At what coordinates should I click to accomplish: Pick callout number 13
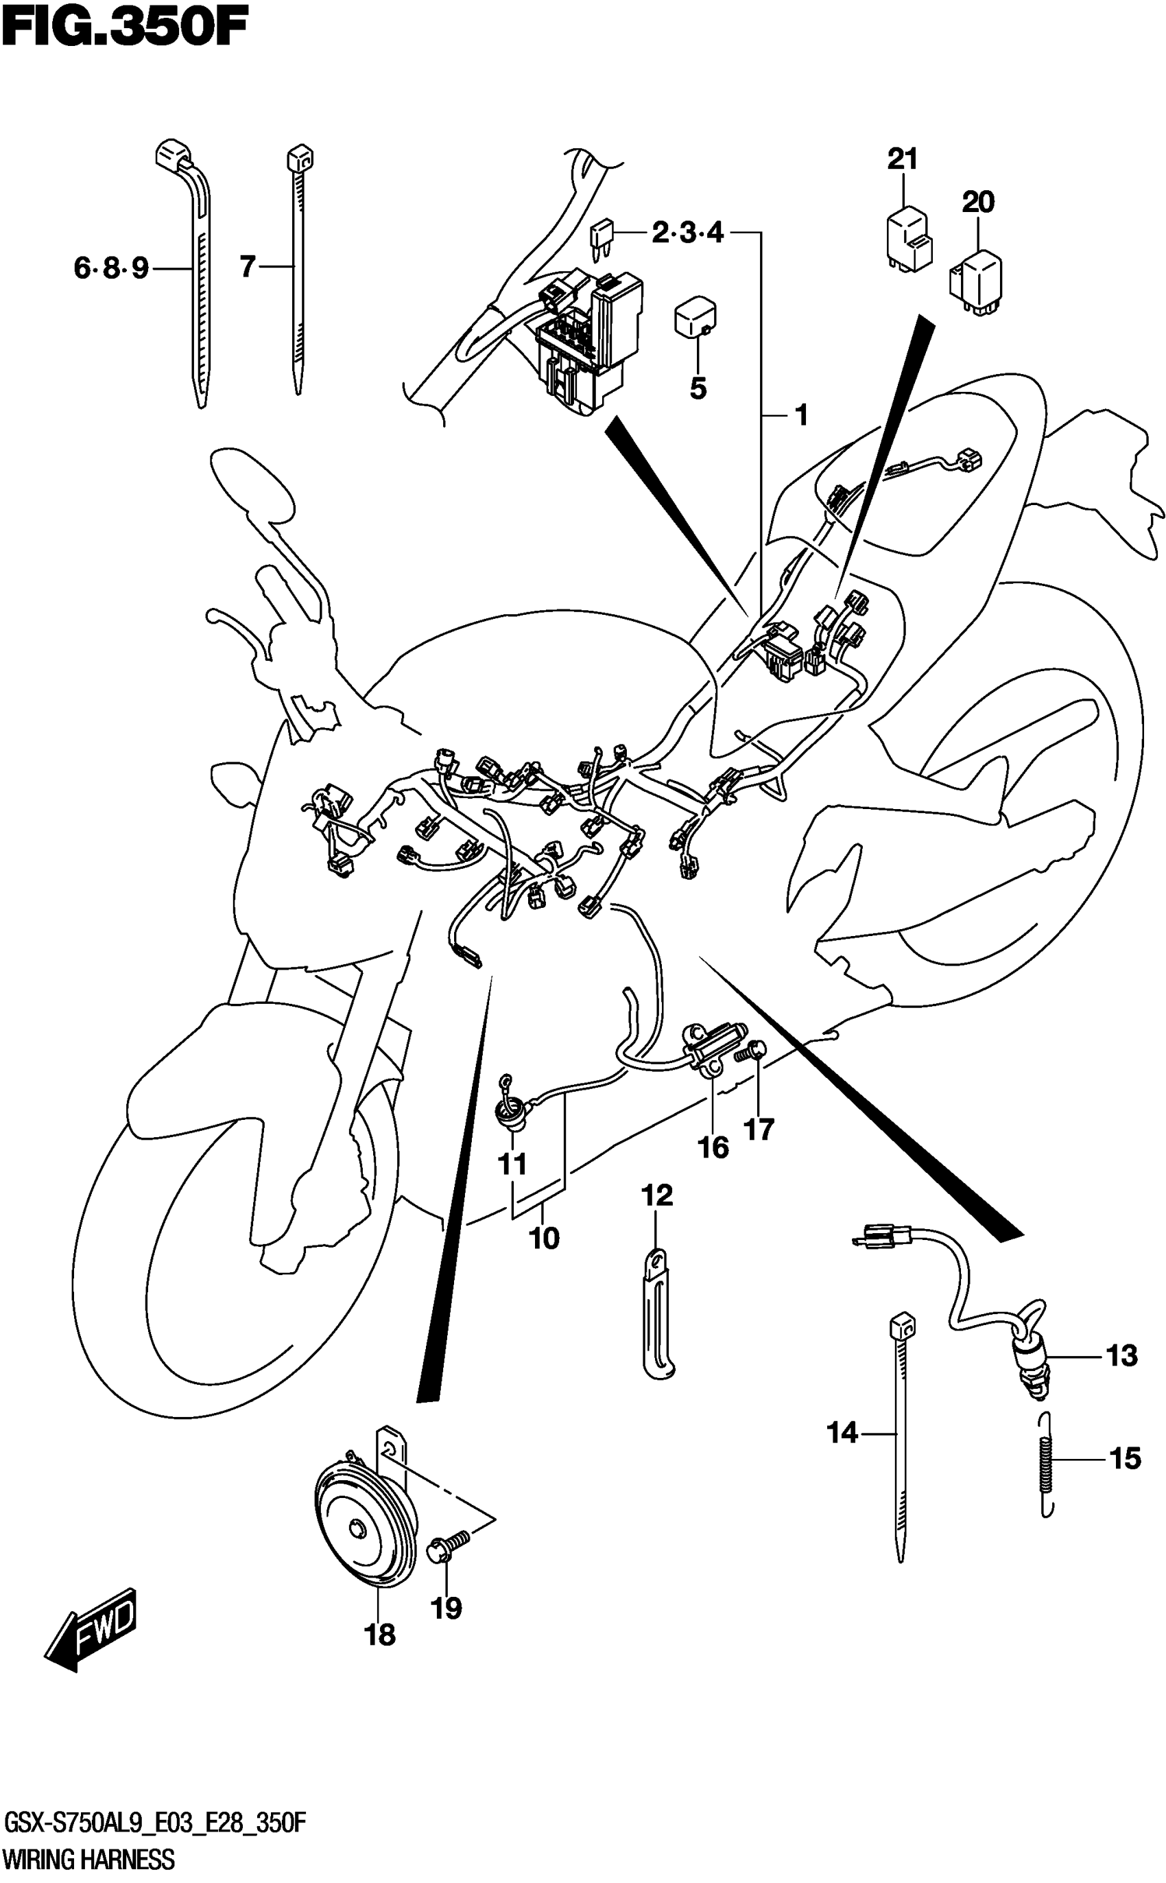tap(1121, 1356)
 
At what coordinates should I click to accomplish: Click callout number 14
tap(842, 1434)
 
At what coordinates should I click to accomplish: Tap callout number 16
tap(713, 1147)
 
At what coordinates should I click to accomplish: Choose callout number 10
tap(544, 1238)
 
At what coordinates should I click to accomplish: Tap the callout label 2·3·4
tap(688, 232)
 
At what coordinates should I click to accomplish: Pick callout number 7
tap(247, 267)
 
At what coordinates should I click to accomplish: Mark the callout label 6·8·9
tap(111, 268)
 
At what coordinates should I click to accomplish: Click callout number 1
tap(801, 417)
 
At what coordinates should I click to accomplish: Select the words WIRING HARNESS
tap(88, 1860)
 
